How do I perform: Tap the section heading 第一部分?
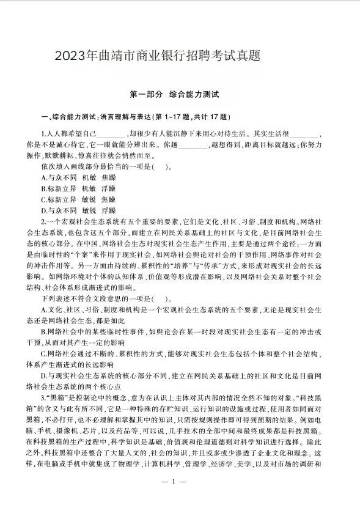(146, 95)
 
